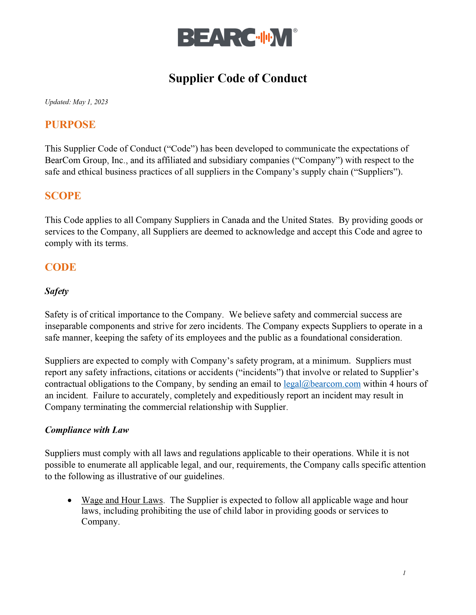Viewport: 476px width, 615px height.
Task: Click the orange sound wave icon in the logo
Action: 262,37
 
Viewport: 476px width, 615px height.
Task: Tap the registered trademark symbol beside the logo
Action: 295,30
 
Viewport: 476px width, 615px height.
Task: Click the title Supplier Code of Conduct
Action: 238,78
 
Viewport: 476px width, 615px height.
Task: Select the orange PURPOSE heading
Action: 70,124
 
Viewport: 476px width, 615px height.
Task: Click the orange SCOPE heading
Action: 63,196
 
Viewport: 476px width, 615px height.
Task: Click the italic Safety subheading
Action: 57,291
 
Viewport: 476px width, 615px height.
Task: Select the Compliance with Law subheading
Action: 87,430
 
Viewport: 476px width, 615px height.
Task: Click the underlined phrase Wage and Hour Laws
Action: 122,500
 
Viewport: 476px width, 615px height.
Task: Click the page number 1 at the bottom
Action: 404,573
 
